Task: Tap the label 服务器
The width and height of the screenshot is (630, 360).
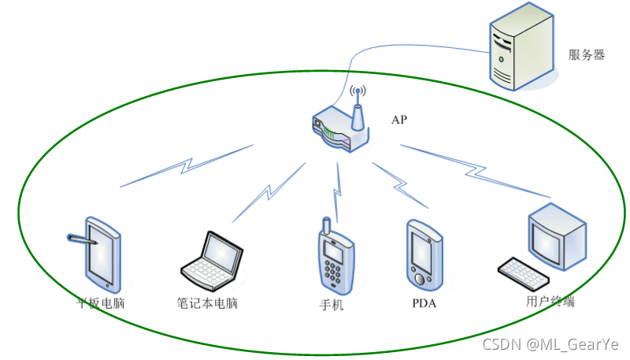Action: [587, 55]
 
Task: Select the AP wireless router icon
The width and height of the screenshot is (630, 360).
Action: [339, 130]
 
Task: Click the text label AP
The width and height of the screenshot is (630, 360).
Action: [399, 120]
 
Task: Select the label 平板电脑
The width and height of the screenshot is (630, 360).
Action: [101, 303]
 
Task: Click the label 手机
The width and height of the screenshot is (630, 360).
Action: [332, 305]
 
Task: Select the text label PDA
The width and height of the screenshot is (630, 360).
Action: [424, 303]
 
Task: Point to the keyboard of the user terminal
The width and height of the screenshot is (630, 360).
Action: [523, 272]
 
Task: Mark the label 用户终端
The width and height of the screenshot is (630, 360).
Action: [550, 301]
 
